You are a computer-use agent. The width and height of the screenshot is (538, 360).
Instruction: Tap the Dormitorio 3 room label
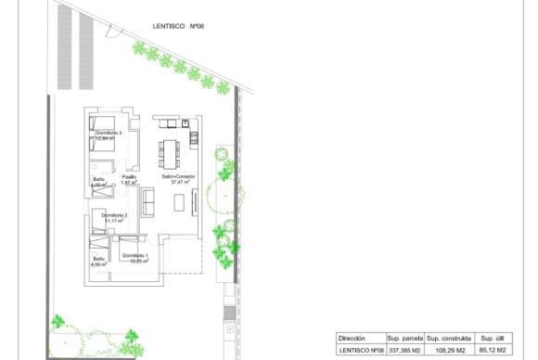tap(109, 134)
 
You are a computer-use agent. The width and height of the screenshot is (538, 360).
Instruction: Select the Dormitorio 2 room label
tap(113, 215)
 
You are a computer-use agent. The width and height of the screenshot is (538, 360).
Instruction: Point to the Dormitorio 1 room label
tap(134, 254)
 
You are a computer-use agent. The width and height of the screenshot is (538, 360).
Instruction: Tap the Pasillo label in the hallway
tap(129, 176)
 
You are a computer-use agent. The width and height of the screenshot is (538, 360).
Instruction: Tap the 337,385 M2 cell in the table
tap(404, 351)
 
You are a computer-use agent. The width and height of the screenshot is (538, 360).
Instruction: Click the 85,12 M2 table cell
tap(493, 351)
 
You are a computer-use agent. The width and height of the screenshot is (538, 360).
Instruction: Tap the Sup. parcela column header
tap(404, 339)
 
